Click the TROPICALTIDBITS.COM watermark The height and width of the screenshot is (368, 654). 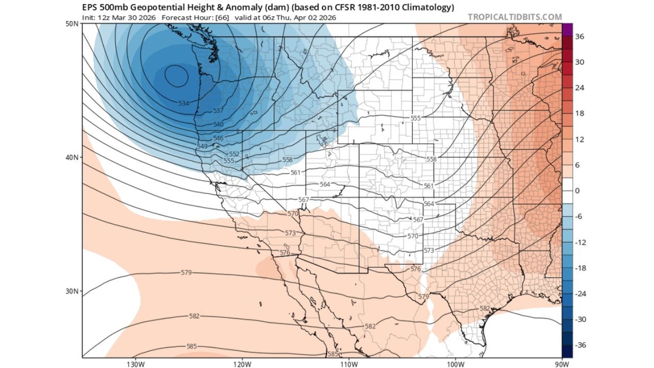[515, 17]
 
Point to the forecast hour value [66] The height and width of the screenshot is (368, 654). [224, 17]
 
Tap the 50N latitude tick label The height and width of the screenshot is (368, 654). [72, 24]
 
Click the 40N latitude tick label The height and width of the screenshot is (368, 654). [72, 157]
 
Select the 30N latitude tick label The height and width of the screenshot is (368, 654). [72, 291]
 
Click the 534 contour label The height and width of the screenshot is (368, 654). [184, 103]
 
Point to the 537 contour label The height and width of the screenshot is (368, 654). [218, 111]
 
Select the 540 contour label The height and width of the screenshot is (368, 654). [218, 125]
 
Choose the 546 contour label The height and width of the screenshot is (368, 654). [218, 139]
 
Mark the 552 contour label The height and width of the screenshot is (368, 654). [234, 154]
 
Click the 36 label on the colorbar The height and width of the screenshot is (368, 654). [579, 36]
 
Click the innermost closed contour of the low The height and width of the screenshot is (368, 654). [177, 76]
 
